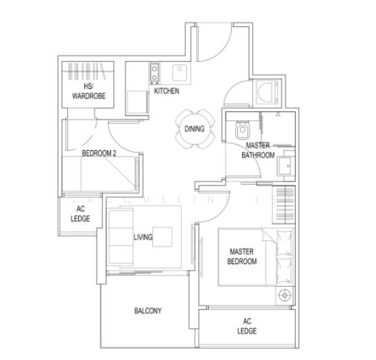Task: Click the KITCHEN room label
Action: coord(166,91)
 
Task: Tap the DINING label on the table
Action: coord(194,128)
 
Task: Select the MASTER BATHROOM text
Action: coord(258,150)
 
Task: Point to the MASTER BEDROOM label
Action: coord(242,256)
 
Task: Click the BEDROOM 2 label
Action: coord(99,154)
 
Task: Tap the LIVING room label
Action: coord(143,237)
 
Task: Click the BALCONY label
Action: coord(148,311)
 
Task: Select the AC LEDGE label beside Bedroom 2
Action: coord(80,214)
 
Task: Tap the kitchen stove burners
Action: coord(154,73)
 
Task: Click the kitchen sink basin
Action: coord(180,73)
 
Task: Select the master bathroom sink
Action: coord(286,166)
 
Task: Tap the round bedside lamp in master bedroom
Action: coord(285,295)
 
